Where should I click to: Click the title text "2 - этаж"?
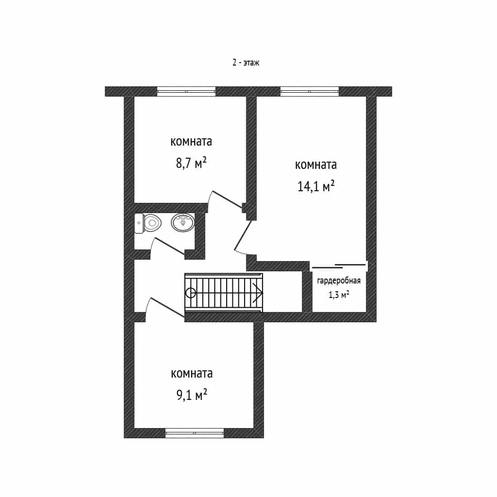click(246, 63)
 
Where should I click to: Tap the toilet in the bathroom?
click(148, 223)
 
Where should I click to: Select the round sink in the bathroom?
click(183, 222)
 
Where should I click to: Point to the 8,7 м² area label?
click(191, 163)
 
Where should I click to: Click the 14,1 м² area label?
click(316, 186)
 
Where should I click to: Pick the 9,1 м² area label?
click(192, 395)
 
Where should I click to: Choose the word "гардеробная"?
click(339, 281)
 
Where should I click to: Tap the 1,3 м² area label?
click(339, 295)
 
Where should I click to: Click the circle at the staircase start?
click(190, 293)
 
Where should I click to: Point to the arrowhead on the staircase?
click(259, 293)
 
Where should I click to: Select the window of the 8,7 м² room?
click(186, 91)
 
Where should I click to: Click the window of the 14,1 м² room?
click(309, 91)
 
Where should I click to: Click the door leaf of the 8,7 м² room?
click(227, 199)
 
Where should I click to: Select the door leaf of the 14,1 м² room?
click(243, 235)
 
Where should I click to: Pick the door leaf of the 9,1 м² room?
click(167, 307)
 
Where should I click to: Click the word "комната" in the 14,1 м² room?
click(316, 165)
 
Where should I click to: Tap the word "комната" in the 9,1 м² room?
click(192, 373)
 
